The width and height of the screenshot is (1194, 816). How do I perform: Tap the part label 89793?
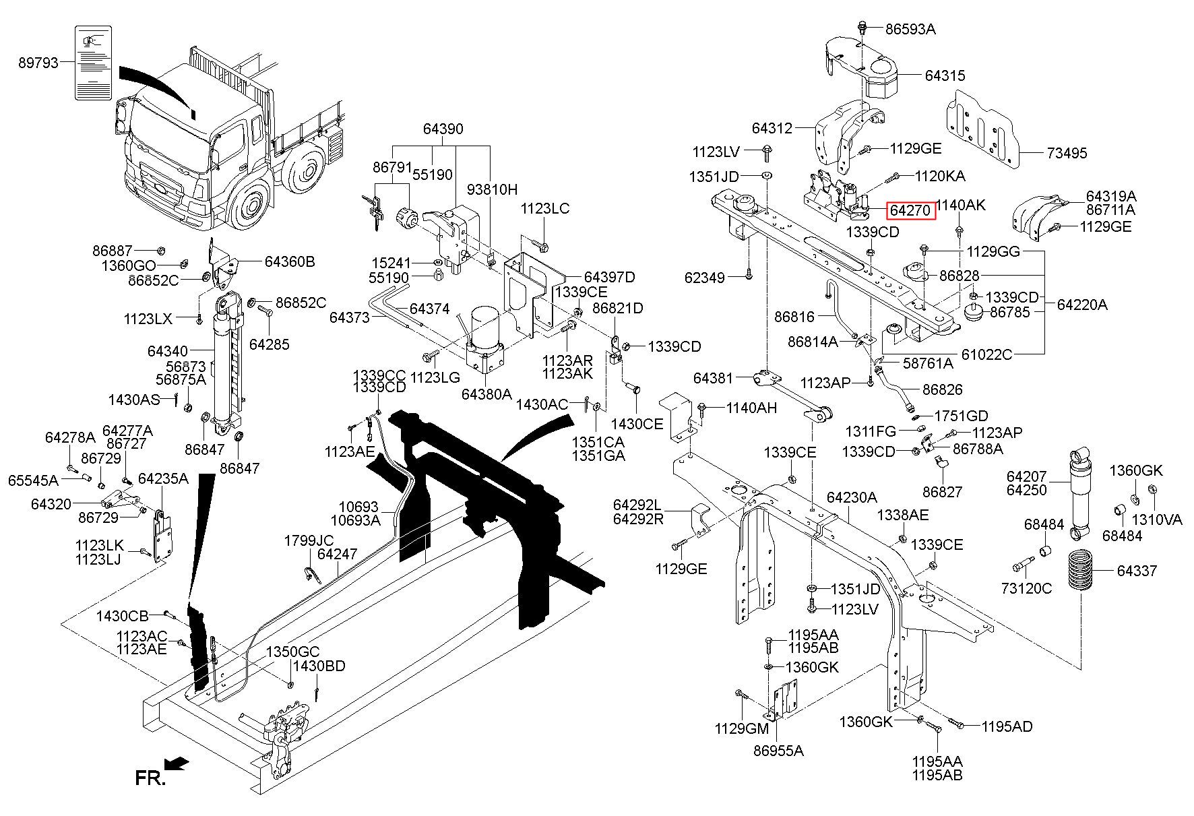[38, 63]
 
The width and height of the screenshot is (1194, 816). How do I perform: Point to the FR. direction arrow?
[177, 763]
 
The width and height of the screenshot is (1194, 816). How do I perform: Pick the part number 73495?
[1067, 153]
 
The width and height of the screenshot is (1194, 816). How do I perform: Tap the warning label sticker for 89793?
[93, 63]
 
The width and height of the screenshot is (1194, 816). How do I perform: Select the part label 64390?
[443, 129]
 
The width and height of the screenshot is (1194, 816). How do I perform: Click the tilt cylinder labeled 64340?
[224, 357]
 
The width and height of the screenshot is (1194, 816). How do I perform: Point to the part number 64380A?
[486, 394]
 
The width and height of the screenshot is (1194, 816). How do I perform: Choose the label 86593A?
[910, 29]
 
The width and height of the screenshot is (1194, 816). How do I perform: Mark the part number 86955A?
[778, 750]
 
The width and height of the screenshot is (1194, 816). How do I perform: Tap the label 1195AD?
[1007, 726]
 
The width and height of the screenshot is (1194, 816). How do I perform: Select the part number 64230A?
[852, 497]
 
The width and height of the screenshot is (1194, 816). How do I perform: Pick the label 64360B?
[290, 261]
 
